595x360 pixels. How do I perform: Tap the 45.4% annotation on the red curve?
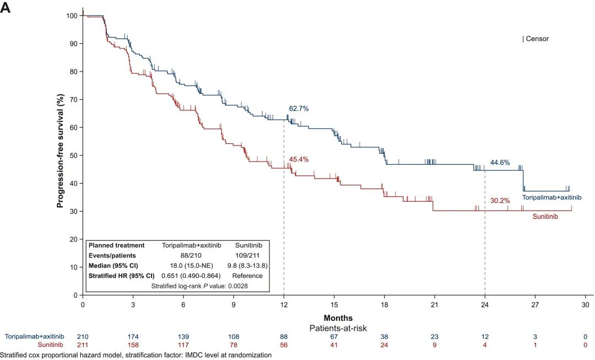[x=299, y=159]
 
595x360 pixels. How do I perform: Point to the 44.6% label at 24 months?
[x=500, y=163]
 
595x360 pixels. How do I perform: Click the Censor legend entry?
[x=535, y=39]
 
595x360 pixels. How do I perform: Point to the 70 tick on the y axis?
[x=72, y=99]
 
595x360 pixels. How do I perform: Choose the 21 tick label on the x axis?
[x=434, y=304]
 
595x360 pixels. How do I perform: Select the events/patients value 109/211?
[x=246, y=255]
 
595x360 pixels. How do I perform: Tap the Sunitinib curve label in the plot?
[x=545, y=217]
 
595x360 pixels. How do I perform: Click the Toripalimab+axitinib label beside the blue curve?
[x=552, y=197]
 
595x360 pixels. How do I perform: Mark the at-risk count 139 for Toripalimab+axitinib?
[x=183, y=336]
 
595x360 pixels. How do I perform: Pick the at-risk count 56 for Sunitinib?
[x=284, y=345]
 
